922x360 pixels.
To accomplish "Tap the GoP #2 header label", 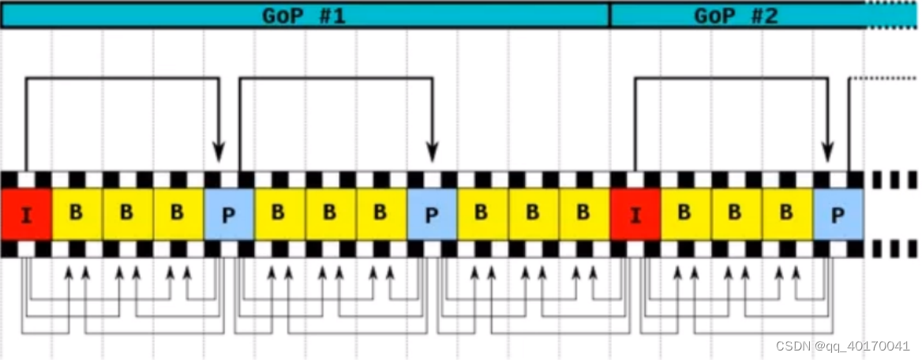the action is (736, 15).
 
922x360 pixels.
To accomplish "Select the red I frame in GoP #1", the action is (26, 214).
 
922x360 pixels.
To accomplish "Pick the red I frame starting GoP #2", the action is (635, 214).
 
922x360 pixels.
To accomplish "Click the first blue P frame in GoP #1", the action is (229, 214).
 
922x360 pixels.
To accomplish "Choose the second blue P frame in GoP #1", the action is (432, 214).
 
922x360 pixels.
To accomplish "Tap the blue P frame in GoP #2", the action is (838, 214).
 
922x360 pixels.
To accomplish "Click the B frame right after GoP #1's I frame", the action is (77, 214).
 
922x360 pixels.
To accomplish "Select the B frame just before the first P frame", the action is (178, 214).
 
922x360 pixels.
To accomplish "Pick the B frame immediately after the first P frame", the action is (279, 214).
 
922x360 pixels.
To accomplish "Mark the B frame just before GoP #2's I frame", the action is (583, 214).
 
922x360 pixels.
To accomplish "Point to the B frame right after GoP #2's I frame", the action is (685, 214).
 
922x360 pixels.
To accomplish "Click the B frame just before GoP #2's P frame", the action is (786, 214).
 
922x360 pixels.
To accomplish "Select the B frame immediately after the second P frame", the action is (482, 214).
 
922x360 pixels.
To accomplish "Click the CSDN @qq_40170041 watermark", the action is (843, 346).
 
